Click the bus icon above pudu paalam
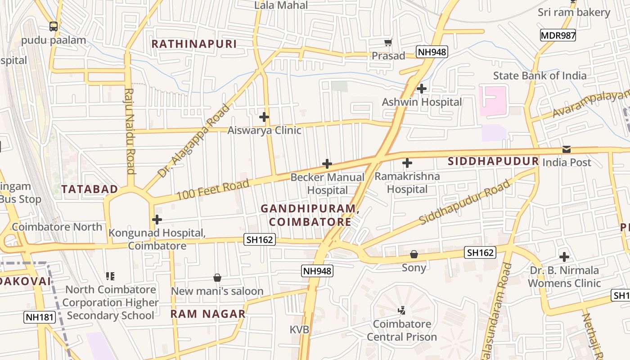click(54, 27)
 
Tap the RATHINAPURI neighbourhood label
click(194, 44)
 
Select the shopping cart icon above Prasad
click(388, 43)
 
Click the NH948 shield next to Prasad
click(432, 52)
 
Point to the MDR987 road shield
click(558, 36)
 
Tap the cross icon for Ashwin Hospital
click(421, 89)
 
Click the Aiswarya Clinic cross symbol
click(264, 117)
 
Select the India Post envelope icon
click(566, 149)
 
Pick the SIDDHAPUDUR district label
click(493, 162)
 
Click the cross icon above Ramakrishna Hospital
click(407, 163)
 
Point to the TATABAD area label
click(90, 189)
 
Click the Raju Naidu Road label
click(130, 130)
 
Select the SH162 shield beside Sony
click(480, 253)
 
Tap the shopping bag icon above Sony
click(414, 255)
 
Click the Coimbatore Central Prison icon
click(401, 310)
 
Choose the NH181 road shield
click(40, 317)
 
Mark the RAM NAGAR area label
click(208, 314)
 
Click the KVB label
click(299, 330)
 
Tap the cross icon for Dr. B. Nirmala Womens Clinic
click(564, 257)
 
